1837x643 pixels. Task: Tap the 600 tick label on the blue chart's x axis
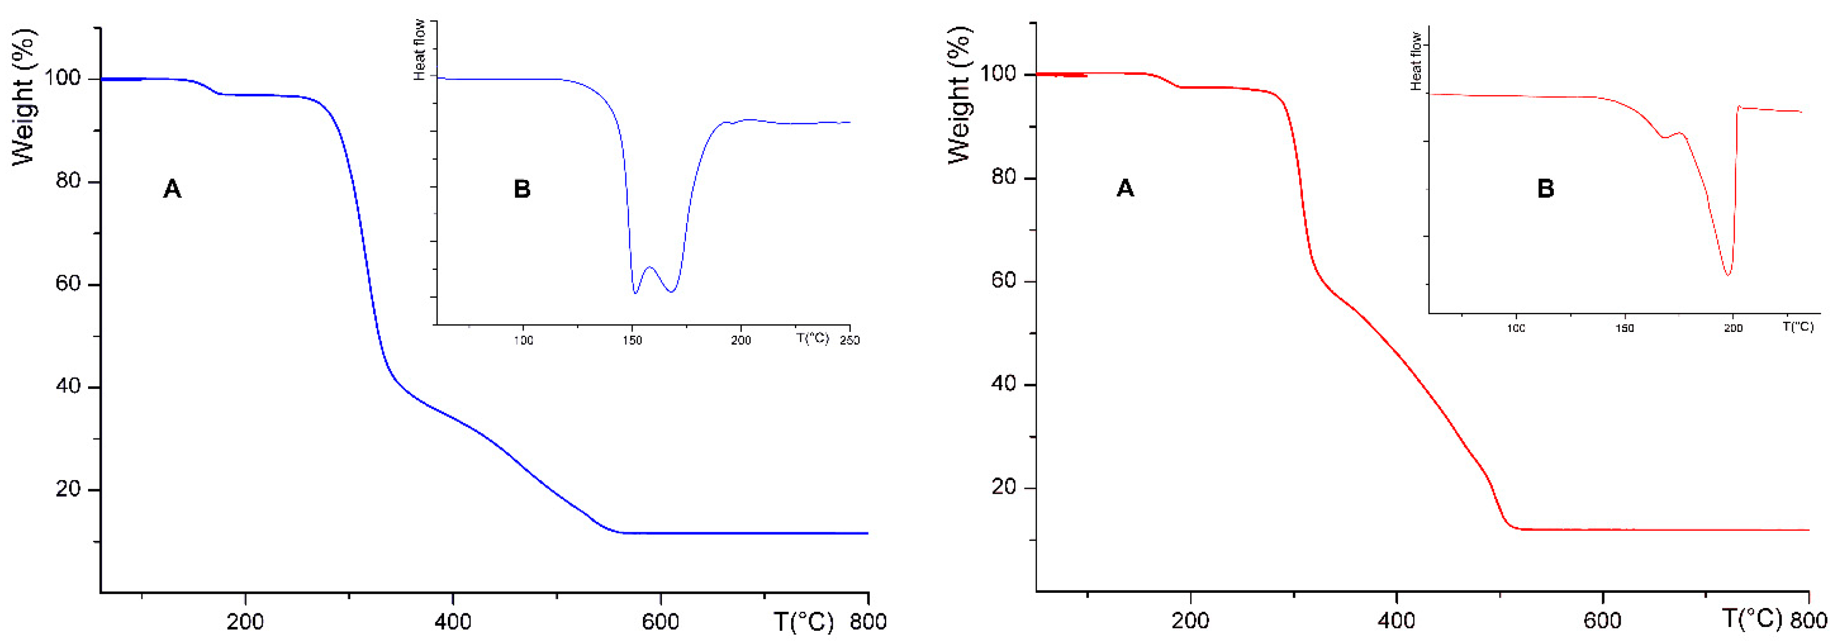(x=660, y=622)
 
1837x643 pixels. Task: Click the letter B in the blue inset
(x=522, y=189)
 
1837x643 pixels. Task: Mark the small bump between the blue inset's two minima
(x=649, y=268)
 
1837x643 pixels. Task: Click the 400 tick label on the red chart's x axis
(x=1396, y=620)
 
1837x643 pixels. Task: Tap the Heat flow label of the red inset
(x=1416, y=61)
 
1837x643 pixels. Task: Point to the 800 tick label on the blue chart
(x=868, y=622)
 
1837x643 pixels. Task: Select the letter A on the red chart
(x=1124, y=188)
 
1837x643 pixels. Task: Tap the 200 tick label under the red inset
(x=1733, y=328)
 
